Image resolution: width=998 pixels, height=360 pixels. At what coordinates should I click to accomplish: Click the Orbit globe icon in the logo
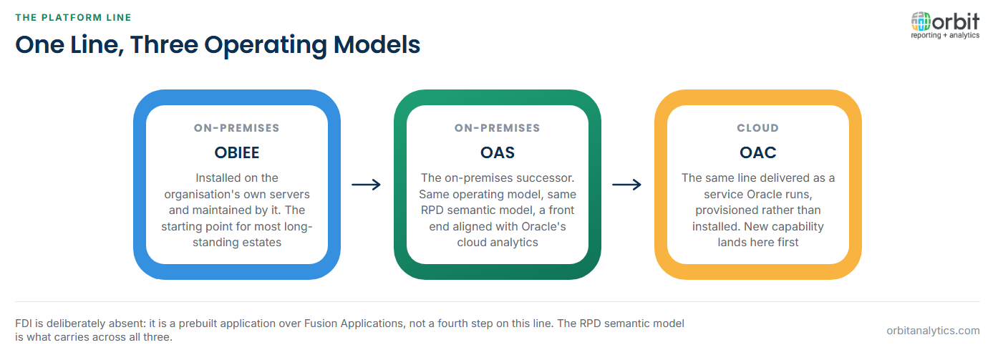[921, 21]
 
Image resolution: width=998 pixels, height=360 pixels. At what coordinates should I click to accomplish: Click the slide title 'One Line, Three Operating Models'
[218, 45]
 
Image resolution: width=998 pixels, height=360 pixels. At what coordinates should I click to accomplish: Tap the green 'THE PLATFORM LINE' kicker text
[73, 17]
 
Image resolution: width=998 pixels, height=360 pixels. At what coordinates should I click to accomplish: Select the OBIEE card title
[236, 153]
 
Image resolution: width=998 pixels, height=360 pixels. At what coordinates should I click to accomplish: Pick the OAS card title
[498, 153]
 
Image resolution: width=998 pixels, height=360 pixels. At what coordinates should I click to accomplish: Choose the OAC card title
[758, 153]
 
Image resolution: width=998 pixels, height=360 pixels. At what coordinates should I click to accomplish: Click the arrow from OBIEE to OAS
[367, 185]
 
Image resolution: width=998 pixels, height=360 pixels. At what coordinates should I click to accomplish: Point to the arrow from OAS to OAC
[627, 185]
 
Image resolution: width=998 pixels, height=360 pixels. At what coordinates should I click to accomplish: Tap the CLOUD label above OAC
[758, 128]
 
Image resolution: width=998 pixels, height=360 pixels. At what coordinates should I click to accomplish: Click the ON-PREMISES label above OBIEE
[236, 128]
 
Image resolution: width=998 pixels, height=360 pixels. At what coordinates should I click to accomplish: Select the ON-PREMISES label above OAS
[498, 128]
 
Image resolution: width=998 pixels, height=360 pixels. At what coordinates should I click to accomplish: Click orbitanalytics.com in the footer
[933, 331]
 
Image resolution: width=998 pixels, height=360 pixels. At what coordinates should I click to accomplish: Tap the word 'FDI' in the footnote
[23, 323]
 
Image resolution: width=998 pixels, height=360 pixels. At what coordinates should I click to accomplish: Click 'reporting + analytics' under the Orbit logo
[945, 35]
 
